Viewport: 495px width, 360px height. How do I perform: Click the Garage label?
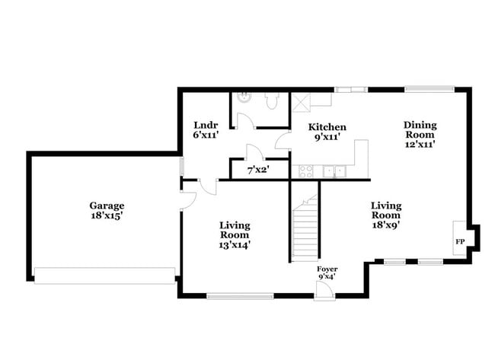tap(107, 205)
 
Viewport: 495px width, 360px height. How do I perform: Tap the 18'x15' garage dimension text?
tap(107, 216)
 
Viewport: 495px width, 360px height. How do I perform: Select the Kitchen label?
tap(327, 127)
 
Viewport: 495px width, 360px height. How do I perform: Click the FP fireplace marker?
tap(459, 241)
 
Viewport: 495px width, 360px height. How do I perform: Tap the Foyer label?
tap(327, 269)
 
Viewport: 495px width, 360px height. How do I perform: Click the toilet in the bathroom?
tap(271, 99)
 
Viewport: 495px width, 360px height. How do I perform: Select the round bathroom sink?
tap(243, 97)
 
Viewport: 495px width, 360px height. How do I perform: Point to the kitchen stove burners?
tap(306, 170)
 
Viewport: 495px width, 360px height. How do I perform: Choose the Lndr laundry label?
tap(206, 125)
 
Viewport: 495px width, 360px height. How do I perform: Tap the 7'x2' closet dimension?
tap(259, 170)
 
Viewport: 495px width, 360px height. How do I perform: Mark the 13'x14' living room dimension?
tap(235, 245)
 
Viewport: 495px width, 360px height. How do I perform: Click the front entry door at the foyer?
tap(323, 293)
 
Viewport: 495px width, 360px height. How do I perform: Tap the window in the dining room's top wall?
tap(430, 89)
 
